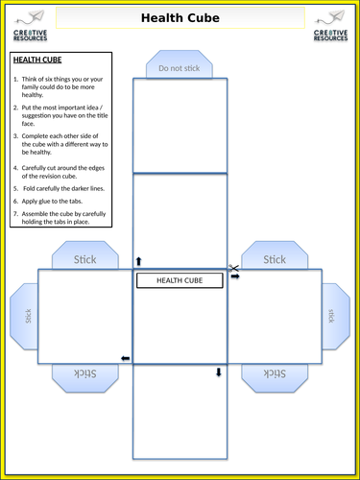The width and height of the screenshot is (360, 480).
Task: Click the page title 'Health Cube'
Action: point(180,18)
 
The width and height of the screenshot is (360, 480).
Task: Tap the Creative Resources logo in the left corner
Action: point(30,26)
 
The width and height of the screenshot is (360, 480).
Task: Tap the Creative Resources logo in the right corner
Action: point(330,26)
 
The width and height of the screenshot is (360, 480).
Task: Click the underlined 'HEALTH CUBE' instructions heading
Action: point(37,60)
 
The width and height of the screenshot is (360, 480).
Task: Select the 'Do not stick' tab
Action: point(180,64)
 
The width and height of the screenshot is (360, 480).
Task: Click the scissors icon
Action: point(233,268)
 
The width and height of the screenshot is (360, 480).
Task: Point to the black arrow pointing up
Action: point(138,261)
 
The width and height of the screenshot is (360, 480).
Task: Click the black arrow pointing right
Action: point(235,276)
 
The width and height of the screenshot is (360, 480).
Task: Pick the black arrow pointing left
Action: point(126,358)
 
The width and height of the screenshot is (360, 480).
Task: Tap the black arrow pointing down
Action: point(219,372)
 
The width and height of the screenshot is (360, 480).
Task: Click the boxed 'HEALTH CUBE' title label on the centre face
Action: point(180,280)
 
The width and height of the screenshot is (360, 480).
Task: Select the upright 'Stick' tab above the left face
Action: point(85,255)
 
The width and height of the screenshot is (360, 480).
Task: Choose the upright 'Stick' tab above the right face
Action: point(275,255)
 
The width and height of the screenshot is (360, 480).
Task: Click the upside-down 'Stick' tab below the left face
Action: point(85,378)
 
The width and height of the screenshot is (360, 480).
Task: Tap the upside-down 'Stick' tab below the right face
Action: point(275,378)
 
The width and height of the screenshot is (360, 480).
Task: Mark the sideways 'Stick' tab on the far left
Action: point(24,316)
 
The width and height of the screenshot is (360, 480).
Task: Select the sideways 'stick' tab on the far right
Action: point(336,316)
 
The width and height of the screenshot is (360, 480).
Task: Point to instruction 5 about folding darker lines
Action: point(59,189)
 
